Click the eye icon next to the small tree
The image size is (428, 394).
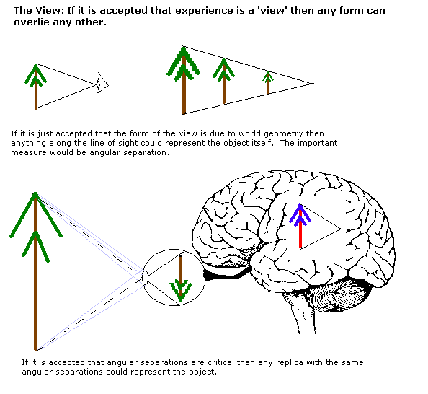tap(102, 83)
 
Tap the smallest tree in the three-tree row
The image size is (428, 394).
tap(268, 82)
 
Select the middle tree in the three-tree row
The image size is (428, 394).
tap(224, 82)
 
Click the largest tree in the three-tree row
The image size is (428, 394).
tap(184, 81)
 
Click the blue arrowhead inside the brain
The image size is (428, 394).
tap(300, 216)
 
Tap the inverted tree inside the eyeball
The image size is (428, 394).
tap(181, 279)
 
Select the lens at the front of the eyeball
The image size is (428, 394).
tap(145, 278)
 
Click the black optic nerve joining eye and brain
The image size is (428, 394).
tap(226, 274)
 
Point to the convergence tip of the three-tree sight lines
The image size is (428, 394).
tap(313, 84)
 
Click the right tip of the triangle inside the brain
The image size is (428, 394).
tap(342, 229)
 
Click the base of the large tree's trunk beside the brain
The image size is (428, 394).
tap(35, 349)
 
